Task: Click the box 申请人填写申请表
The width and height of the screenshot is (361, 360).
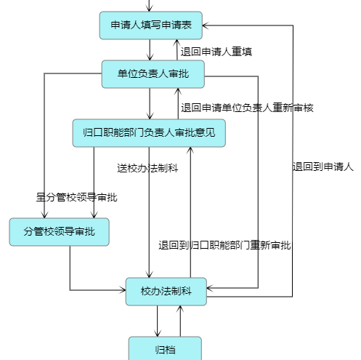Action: [x=151, y=25]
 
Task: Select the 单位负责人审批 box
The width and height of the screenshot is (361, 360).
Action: [x=153, y=74]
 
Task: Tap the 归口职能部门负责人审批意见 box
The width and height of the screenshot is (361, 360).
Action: [x=149, y=133]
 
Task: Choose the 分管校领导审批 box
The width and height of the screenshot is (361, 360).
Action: [x=60, y=232]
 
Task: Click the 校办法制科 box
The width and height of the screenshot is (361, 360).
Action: [x=166, y=292]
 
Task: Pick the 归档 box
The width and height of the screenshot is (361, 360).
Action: [x=165, y=349]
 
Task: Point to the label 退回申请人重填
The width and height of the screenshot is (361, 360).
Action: [x=216, y=52]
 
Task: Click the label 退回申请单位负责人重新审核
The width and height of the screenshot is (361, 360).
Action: [x=247, y=108]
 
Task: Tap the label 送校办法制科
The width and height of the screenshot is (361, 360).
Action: [x=147, y=168]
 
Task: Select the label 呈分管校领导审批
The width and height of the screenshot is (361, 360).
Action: [x=76, y=197]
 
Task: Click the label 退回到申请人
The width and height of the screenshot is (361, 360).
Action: [x=323, y=167]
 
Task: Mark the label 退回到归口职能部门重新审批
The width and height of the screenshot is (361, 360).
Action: [x=224, y=245]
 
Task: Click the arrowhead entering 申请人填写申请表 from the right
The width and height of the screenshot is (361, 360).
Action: [x=205, y=25]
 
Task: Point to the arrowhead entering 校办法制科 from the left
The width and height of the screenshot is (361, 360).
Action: [x=123, y=290]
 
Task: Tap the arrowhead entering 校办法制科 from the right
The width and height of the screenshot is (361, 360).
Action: [x=210, y=288]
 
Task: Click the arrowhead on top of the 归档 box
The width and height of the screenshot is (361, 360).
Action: [x=158, y=334]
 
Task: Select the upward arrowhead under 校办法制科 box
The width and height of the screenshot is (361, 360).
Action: [x=180, y=308]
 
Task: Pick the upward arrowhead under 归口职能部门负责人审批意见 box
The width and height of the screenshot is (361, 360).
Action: [x=190, y=150]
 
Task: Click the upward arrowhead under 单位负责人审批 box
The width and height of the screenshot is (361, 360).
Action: [x=178, y=91]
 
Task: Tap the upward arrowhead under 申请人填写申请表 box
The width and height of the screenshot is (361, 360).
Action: [x=177, y=42]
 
